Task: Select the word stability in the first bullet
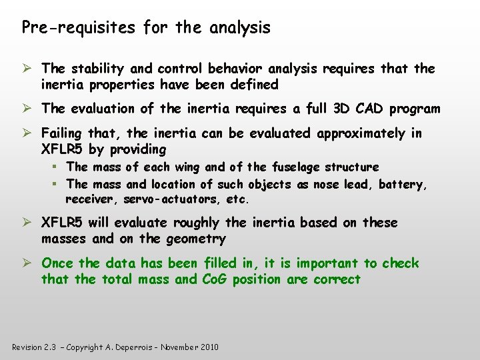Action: (x=95, y=69)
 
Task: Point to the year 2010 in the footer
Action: (x=208, y=347)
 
